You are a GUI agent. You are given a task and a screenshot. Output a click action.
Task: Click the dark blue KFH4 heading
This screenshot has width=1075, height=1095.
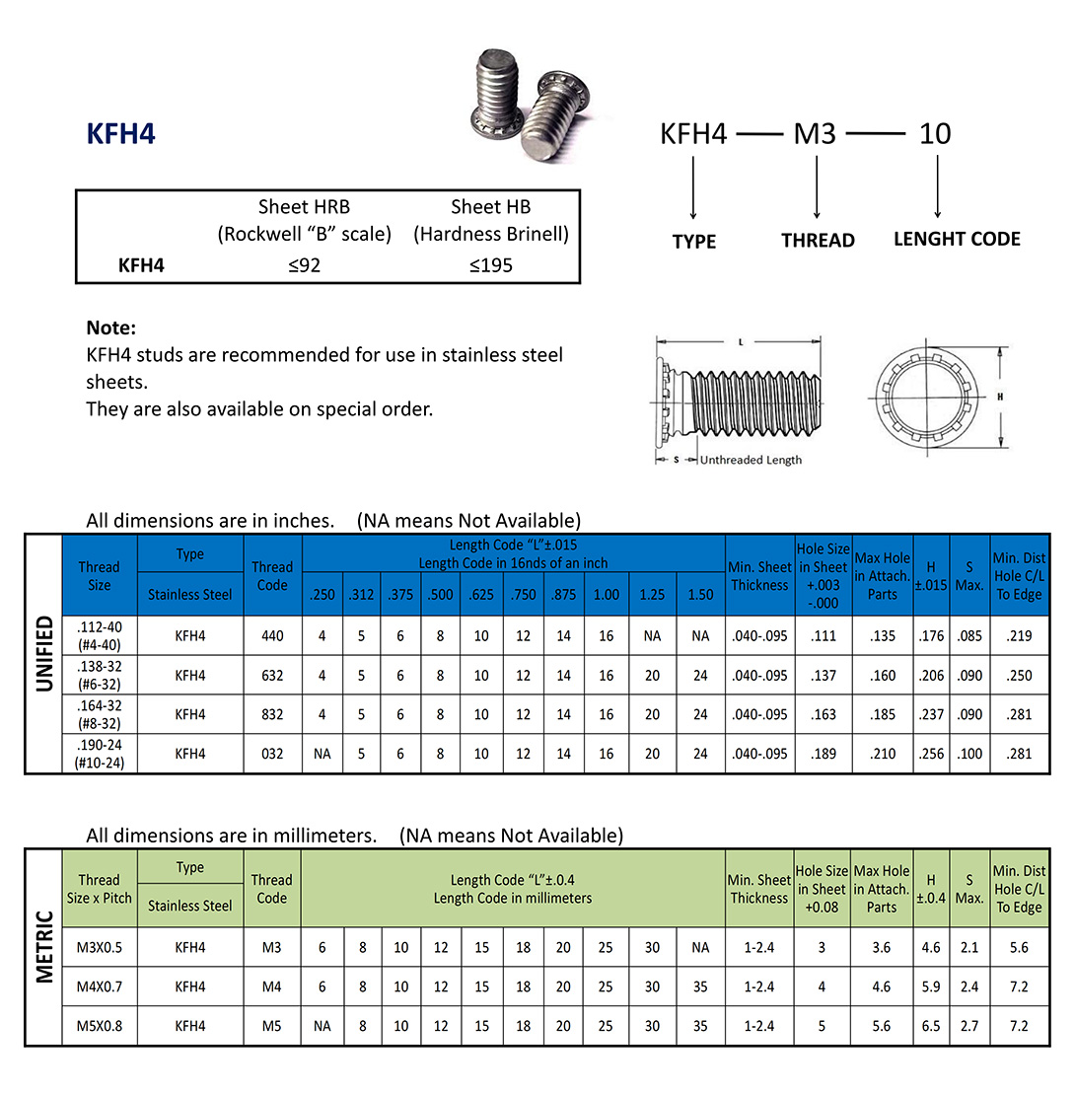pos(121,134)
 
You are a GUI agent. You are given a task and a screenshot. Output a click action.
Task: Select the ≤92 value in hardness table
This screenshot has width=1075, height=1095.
pos(305,264)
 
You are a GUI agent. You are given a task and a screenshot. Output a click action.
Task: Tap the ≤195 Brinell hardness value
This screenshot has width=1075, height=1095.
pos(491,264)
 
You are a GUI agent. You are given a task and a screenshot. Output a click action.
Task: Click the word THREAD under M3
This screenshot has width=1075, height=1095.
pos(818,240)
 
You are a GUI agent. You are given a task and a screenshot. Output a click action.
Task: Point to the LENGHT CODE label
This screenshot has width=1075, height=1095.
pos(957,239)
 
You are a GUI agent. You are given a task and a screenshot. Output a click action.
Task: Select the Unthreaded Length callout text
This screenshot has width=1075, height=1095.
pos(751,460)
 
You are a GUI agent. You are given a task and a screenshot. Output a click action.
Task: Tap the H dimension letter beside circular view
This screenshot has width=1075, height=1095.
pos(1001,396)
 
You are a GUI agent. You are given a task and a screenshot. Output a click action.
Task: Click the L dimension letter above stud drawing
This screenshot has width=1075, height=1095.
pos(741,342)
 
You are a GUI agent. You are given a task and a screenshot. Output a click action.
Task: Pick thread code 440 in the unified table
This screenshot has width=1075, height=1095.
pos(272,636)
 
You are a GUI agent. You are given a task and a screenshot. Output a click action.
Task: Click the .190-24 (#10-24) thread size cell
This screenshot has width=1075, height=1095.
pos(99,754)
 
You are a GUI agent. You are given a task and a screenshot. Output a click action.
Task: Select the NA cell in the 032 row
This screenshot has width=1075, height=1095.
pos(322,754)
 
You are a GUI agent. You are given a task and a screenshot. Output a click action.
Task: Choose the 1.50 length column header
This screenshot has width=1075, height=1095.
pos(700,595)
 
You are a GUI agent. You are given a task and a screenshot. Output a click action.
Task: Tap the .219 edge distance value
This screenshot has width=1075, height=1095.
pos(1020,636)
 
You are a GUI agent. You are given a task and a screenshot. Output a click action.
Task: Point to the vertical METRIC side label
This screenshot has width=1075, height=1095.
pos(44,946)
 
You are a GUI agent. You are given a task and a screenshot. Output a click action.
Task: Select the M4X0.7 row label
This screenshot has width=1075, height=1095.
pos(99,986)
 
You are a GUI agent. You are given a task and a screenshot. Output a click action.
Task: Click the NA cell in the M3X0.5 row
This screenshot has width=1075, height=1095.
pos(700,947)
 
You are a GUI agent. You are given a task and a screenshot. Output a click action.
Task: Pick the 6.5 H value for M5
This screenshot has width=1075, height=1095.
pos(931,1026)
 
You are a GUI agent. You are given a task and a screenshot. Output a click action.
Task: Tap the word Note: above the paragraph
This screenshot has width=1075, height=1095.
pos(110,328)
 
